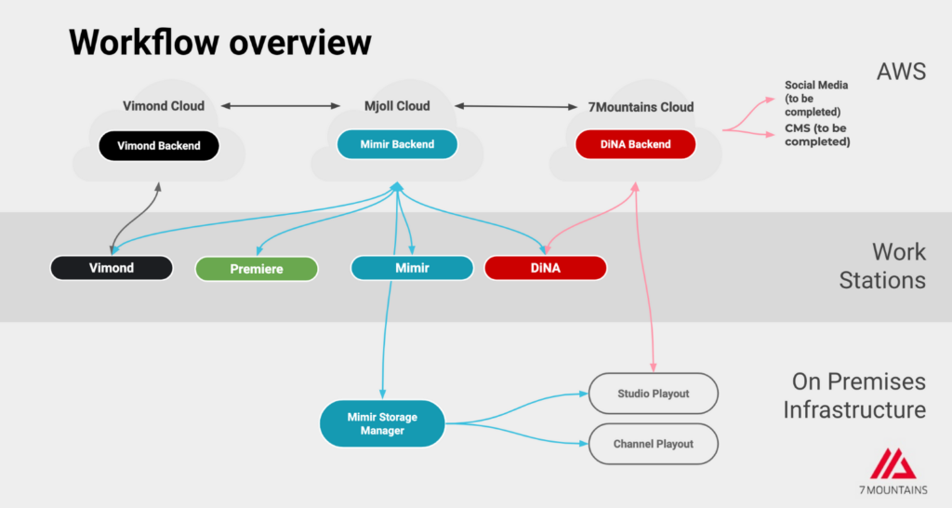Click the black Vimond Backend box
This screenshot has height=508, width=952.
pyautogui.click(x=159, y=146)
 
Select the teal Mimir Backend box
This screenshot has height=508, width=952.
pyautogui.click(x=397, y=144)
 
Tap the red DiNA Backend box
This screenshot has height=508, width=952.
pyautogui.click(x=636, y=144)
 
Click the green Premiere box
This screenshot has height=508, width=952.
pyautogui.click(x=257, y=269)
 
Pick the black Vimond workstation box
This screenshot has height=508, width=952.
pyautogui.click(x=112, y=268)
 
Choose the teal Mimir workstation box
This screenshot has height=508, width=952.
pyautogui.click(x=412, y=268)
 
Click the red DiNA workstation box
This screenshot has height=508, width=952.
pyautogui.click(x=545, y=268)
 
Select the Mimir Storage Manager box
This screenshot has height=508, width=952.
pyautogui.click(x=382, y=423)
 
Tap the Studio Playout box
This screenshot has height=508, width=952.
pyautogui.click(x=654, y=394)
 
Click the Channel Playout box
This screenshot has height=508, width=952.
pyautogui.click(x=654, y=444)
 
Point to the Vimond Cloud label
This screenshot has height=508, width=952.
pyautogui.click(x=164, y=106)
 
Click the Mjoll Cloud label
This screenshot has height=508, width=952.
pyautogui.click(x=397, y=106)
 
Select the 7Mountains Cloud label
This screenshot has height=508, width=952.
pyautogui.click(x=641, y=108)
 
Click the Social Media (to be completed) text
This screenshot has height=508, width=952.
pyautogui.click(x=816, y=99)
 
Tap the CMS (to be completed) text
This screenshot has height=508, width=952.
pyautogui.click(x=817, y=135)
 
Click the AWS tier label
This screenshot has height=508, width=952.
pyautogui.click(x=901, y=72)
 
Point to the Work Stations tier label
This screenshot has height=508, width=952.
pyautogui.click(x=883, y=266)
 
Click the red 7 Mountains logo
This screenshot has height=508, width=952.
pyautogui.click(x=893, y=464)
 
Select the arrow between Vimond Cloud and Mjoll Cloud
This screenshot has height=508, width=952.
pyautogui.click(x=281, y=106)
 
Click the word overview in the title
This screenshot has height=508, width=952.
pyautogui.click(x=300, y=43)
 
